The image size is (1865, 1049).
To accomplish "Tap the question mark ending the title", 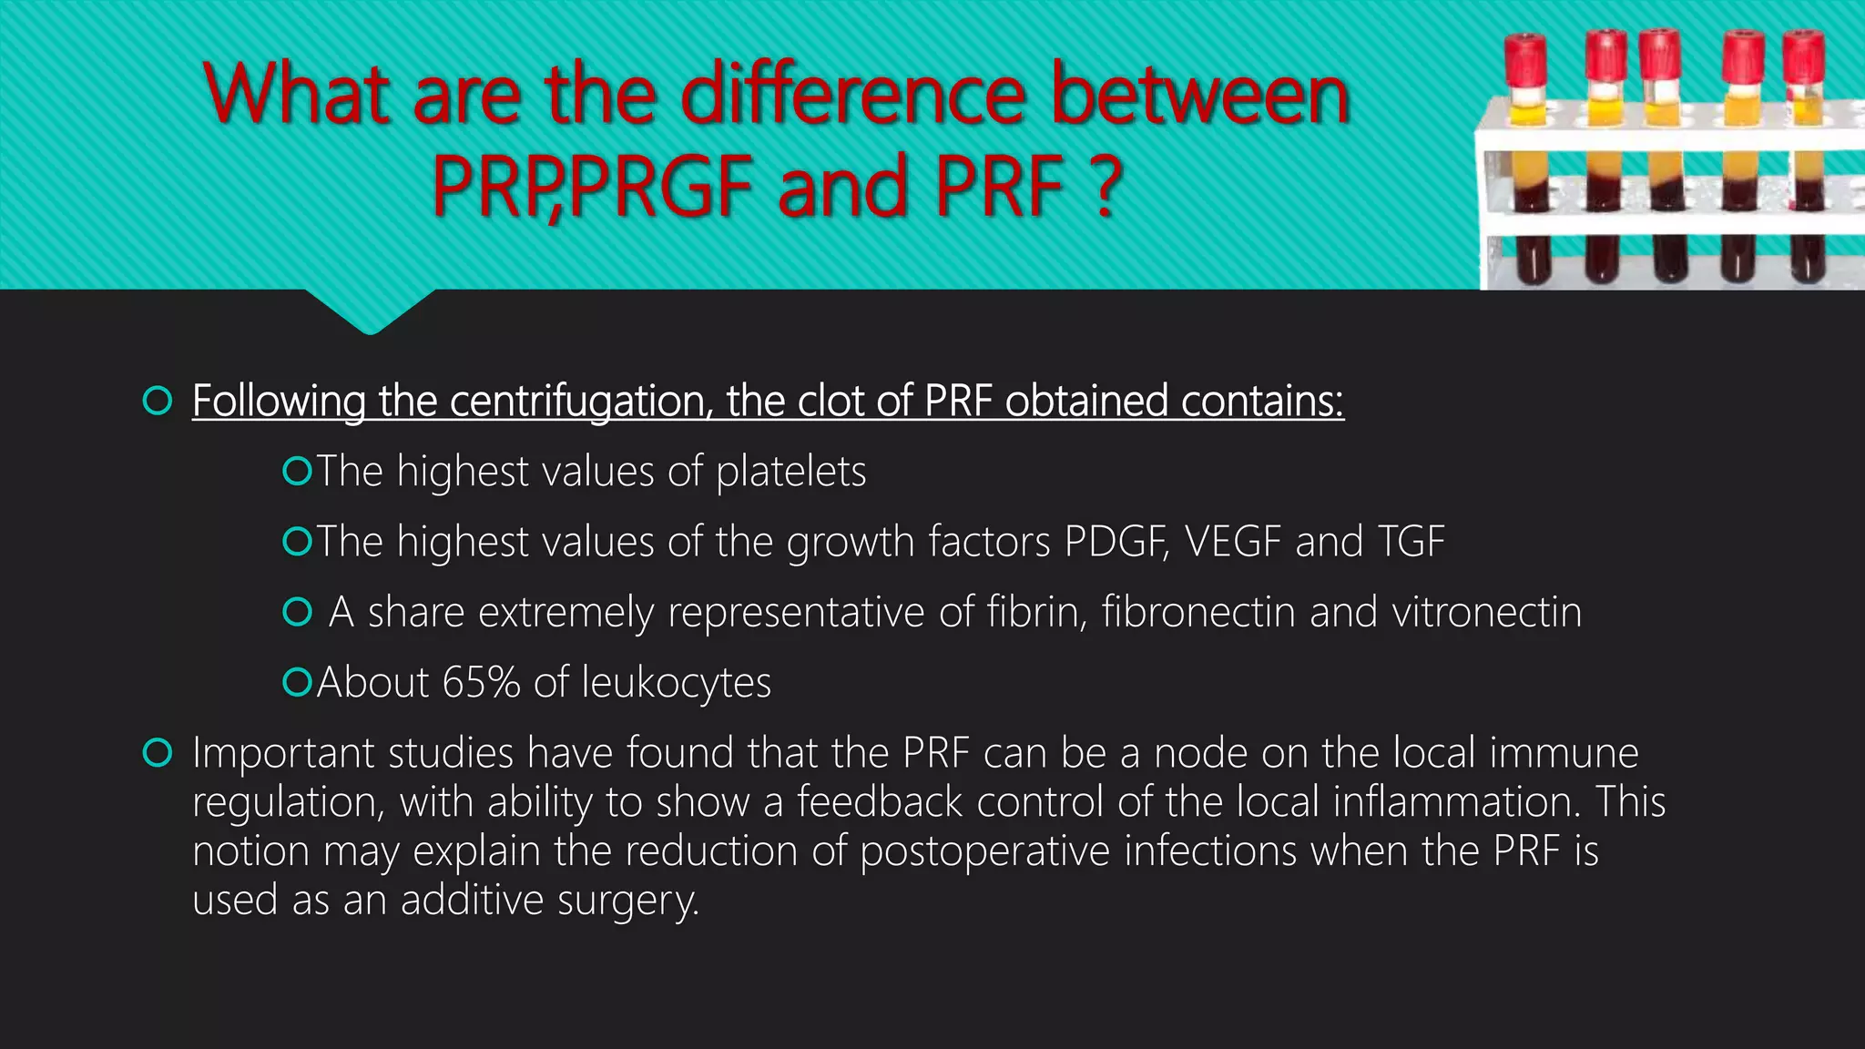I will (x=1106, y=187).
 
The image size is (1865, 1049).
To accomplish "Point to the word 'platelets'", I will (x=790, y=472).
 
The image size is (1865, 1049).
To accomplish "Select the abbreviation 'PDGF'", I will (x=1116, y=542).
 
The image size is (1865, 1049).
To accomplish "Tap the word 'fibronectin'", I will (x=1197, y=612).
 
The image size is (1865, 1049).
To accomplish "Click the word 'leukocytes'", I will (x=676, y=682).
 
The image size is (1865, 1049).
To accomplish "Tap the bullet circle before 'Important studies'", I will (x=158, y=753).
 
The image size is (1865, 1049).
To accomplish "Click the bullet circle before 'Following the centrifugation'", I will (x=158, y=401).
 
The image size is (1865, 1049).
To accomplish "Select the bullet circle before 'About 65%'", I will (x=297, y=681).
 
